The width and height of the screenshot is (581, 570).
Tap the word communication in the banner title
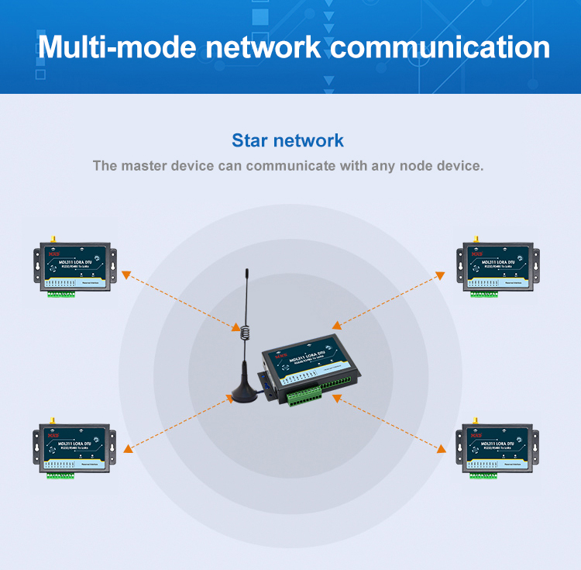tap(440, 47)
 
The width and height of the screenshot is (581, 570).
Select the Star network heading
tap(287, 140)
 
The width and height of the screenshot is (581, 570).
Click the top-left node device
tap(74, 268)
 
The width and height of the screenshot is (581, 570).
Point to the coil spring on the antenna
tap(245, 332)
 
